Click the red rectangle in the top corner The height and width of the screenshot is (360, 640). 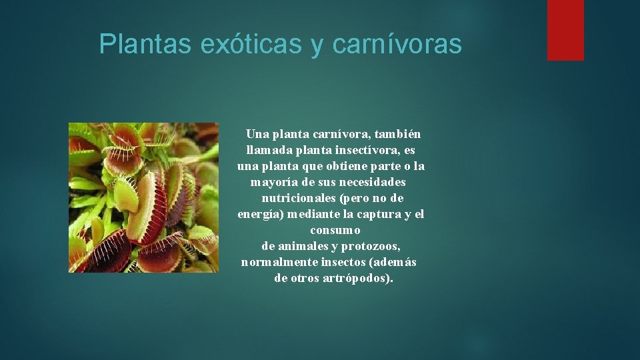(565, 30)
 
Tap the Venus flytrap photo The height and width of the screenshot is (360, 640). (143, 197)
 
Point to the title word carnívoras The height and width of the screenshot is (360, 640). (396, 44)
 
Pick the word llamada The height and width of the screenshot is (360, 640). (266, 150)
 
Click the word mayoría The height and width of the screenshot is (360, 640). (273, 182)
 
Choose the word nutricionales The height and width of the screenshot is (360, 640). (299, 198)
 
